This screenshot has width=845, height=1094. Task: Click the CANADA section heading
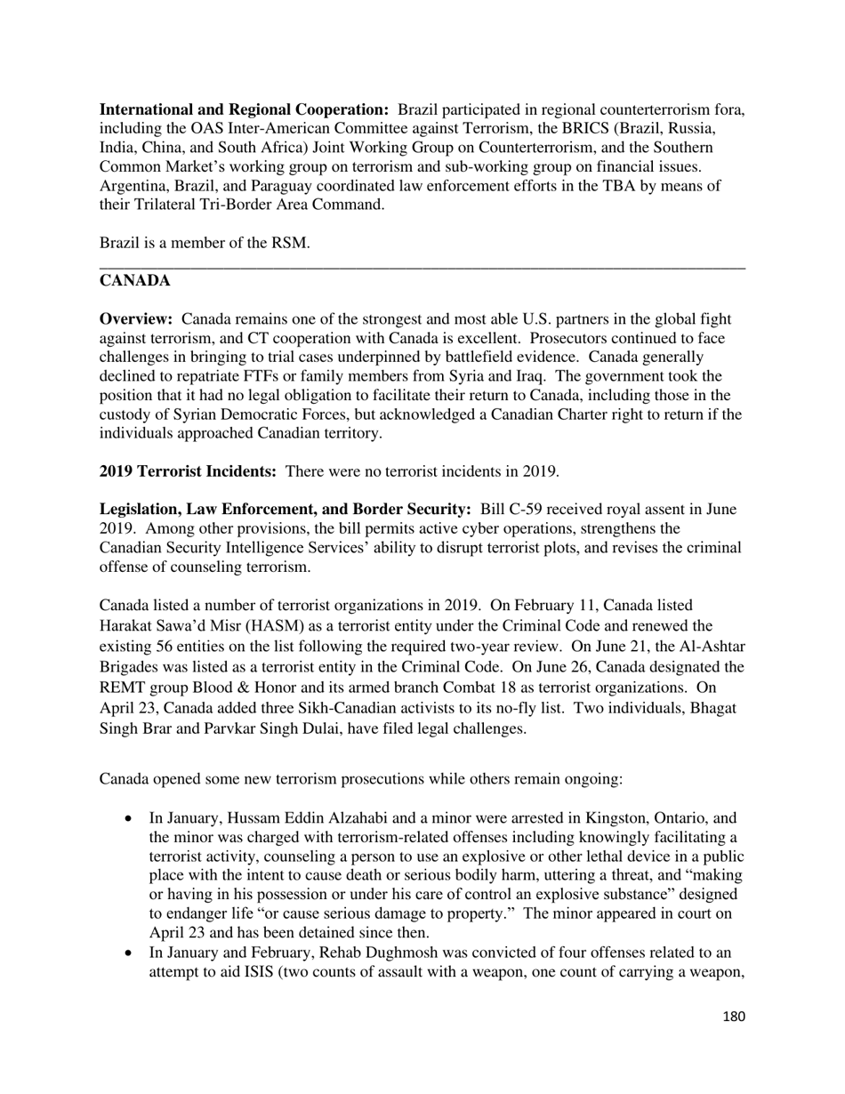coord(134,281)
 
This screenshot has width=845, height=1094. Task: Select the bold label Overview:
coord(136,319)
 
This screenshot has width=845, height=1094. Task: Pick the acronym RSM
coord(289,243)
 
